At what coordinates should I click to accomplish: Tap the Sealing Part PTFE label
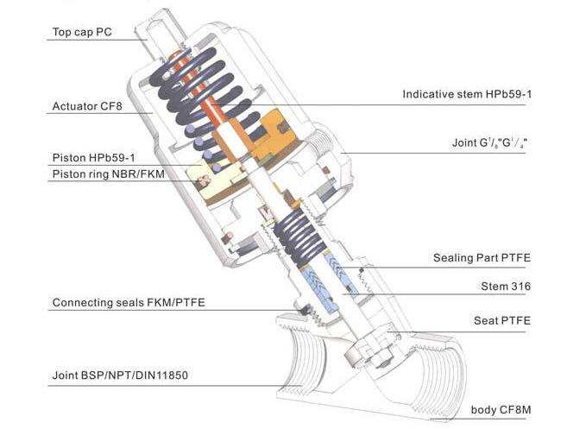click(482, 258)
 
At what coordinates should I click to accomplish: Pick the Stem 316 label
click(505, 286)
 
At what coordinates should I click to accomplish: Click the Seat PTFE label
click(502, 321)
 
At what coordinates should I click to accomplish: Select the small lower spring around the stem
click(298, 233)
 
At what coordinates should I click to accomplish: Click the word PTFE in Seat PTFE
click(515, 321)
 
